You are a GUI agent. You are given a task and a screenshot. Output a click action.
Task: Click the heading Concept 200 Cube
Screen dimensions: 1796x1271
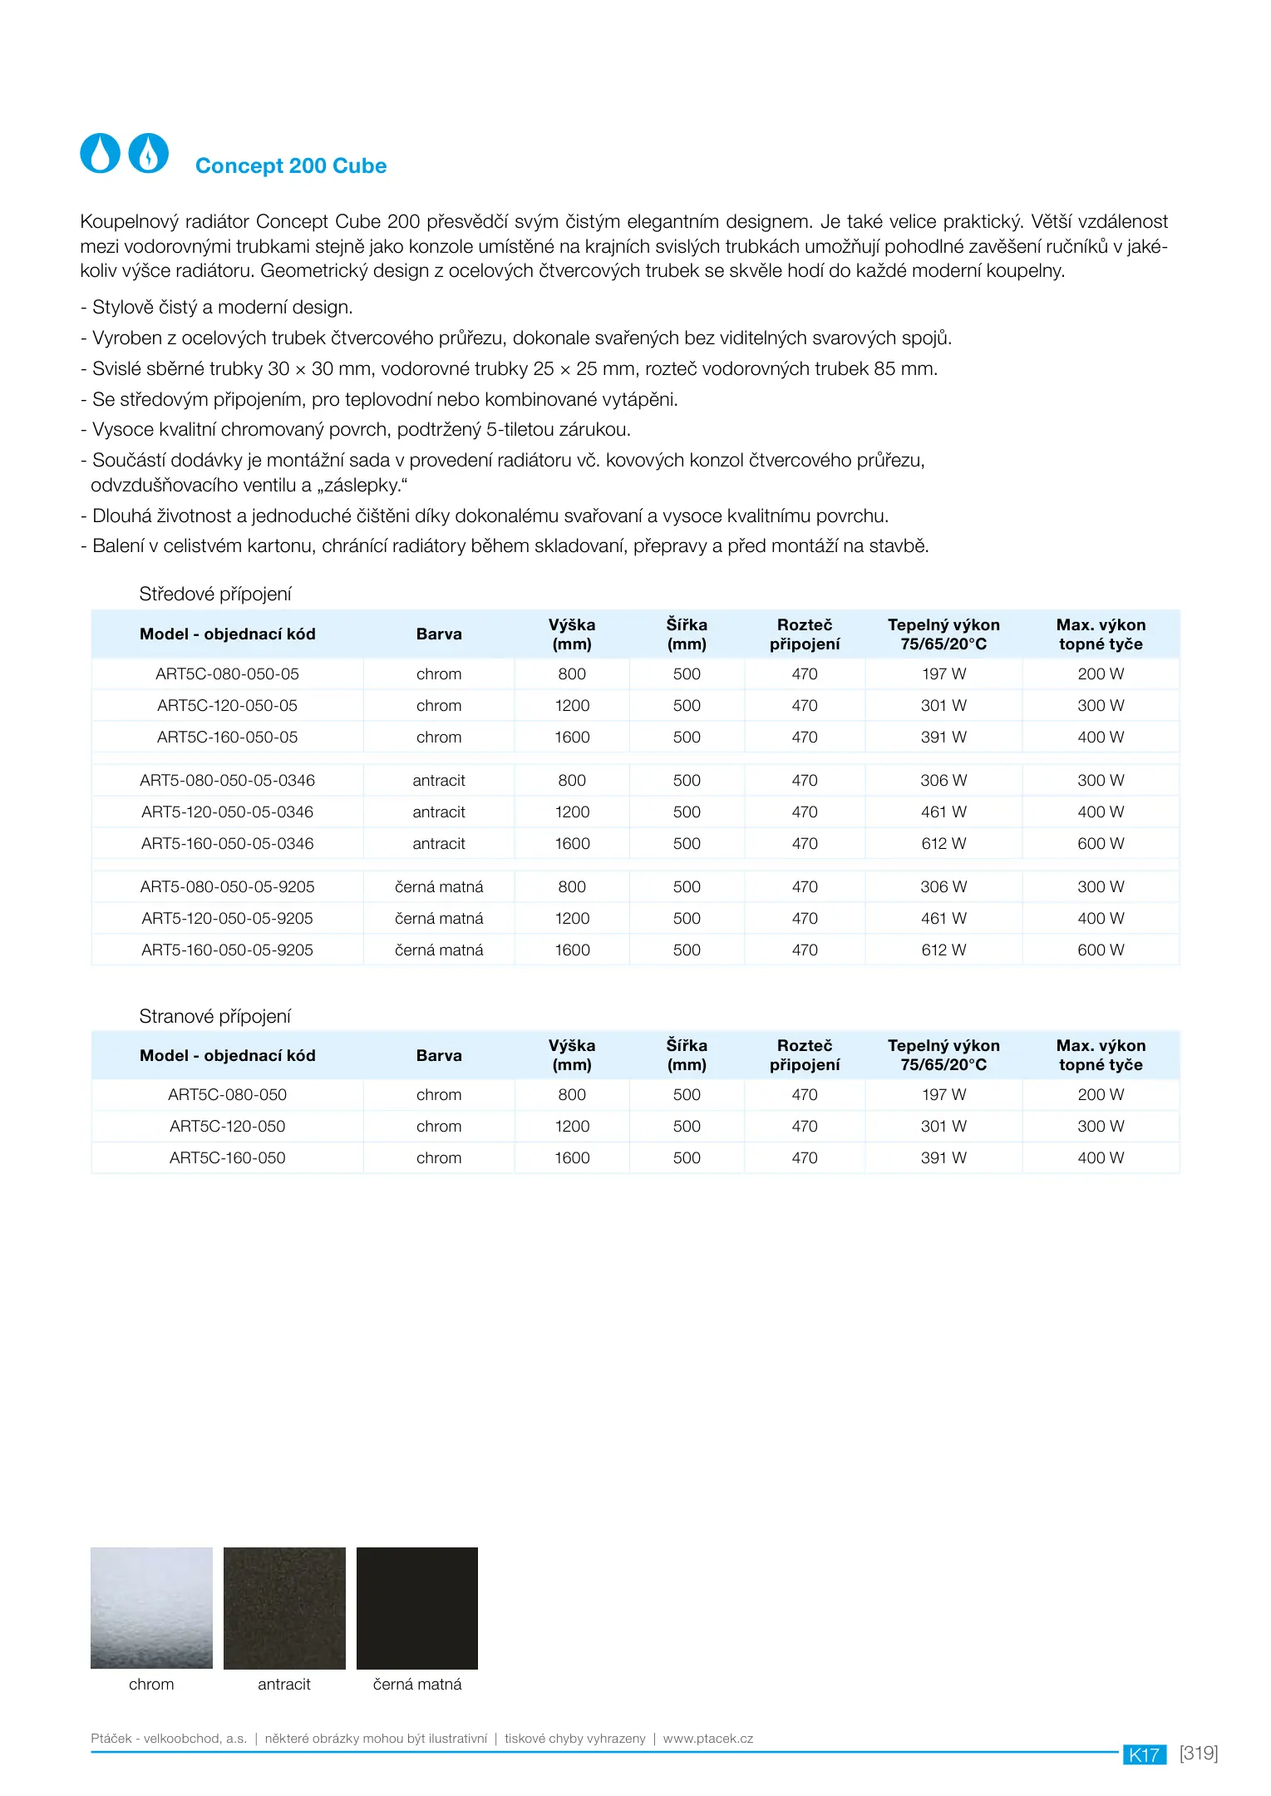tap(291, 166)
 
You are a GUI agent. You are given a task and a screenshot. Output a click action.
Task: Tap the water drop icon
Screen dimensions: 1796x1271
tap(101, 153)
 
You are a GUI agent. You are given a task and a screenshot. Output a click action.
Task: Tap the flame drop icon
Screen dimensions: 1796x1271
tap(149, 153)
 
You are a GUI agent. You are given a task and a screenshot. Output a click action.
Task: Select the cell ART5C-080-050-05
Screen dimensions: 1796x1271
tap(227, 674)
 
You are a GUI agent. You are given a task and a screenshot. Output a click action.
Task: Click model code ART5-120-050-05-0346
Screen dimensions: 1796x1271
tap(227, 812)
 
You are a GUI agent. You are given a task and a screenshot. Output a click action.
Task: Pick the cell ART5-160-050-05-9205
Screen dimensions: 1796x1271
tap(227, 950)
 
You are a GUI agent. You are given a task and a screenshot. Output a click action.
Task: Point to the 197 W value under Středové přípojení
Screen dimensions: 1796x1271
tap(943, 674)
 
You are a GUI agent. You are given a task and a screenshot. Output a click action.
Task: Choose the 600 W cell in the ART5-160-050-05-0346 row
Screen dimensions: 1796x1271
tap(1101, 844)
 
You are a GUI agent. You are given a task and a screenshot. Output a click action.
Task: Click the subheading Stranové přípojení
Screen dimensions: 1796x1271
tap(215, 1016)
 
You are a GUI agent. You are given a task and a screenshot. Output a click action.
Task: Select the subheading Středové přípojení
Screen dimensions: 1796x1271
tap(215, 595)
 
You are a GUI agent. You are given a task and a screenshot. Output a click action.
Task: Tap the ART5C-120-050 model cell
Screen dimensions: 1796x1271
tap(227, 1127)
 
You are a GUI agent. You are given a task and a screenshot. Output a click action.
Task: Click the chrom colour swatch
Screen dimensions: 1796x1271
tap(151, 1607)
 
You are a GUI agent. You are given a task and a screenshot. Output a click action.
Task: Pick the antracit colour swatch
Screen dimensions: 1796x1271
tap(284, 1607)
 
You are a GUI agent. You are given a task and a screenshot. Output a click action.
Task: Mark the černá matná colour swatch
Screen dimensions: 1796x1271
tap(417, 1607)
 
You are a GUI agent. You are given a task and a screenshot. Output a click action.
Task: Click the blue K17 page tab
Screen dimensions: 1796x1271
tap(1145, 1754)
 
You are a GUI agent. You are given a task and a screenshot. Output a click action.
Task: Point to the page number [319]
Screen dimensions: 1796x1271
tap(1199, 1753)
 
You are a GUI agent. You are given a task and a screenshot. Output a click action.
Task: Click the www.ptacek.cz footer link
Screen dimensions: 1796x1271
tap(708, 1738)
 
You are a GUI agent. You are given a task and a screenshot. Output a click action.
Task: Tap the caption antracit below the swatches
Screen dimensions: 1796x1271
tap(284, 1684)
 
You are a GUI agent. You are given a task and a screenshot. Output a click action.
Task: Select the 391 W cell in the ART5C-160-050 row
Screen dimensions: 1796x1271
tap(943, 1158)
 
